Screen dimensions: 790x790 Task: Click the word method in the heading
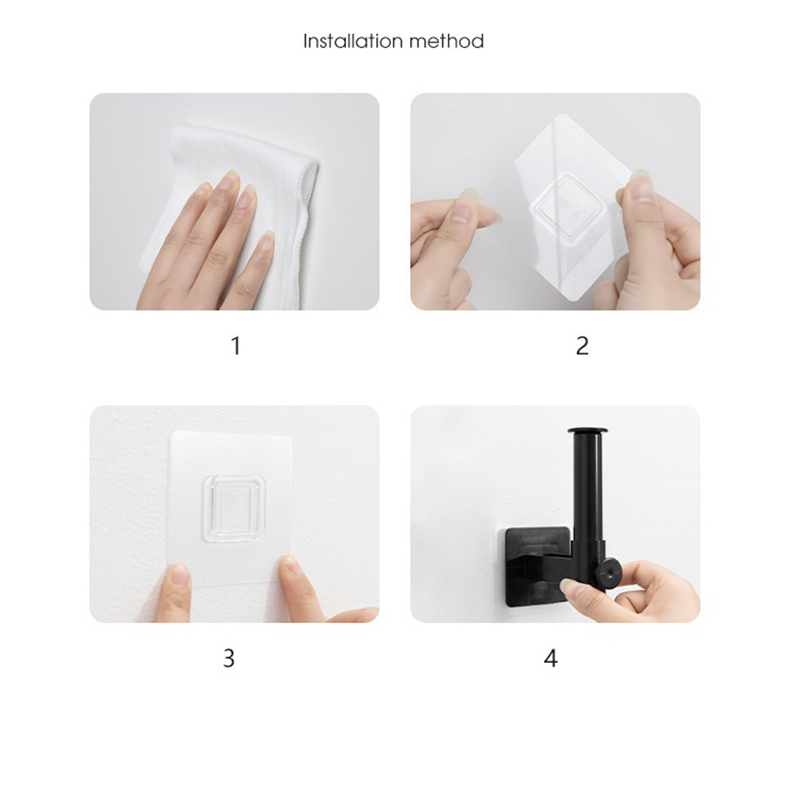(446, 41)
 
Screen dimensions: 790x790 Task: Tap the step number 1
(235, 346)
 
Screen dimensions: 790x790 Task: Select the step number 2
(582, 346)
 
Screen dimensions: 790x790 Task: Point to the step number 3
(229, 658)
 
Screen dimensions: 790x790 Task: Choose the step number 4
(550, 658)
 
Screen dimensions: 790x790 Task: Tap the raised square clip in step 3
(233, 509)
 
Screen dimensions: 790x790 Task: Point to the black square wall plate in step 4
(538, 566)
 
